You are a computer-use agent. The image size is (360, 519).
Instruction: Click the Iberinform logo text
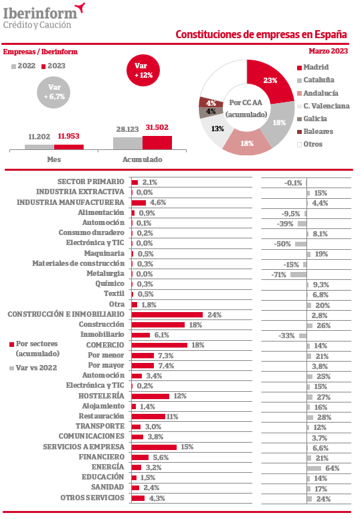40,13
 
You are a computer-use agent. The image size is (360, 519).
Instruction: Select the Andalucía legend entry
318,93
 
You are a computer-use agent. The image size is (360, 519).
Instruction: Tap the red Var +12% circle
143,70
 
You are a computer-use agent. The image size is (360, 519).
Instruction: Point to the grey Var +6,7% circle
54,92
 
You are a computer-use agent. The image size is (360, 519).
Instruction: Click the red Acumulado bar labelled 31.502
157,143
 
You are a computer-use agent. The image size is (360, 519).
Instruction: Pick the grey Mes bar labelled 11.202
39,147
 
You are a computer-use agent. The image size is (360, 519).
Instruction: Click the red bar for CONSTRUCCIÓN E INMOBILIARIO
167,315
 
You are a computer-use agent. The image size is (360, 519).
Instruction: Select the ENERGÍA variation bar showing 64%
314,468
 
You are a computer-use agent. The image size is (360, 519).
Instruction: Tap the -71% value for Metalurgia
278,275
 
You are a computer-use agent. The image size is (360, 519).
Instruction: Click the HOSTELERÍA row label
101,396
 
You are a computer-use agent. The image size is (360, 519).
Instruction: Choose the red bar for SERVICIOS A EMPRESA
154,447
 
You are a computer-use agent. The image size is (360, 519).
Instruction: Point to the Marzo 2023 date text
329,51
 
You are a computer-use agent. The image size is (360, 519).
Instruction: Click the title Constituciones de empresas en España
261,34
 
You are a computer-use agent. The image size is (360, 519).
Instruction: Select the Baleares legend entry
315,131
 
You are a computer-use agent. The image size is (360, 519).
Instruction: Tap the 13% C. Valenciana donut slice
214,130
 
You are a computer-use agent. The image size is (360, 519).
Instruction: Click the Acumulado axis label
143,159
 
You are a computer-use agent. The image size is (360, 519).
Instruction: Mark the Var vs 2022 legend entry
33,368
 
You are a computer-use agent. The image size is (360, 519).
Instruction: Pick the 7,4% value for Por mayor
166,366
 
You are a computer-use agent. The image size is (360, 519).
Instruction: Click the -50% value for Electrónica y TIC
282,244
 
